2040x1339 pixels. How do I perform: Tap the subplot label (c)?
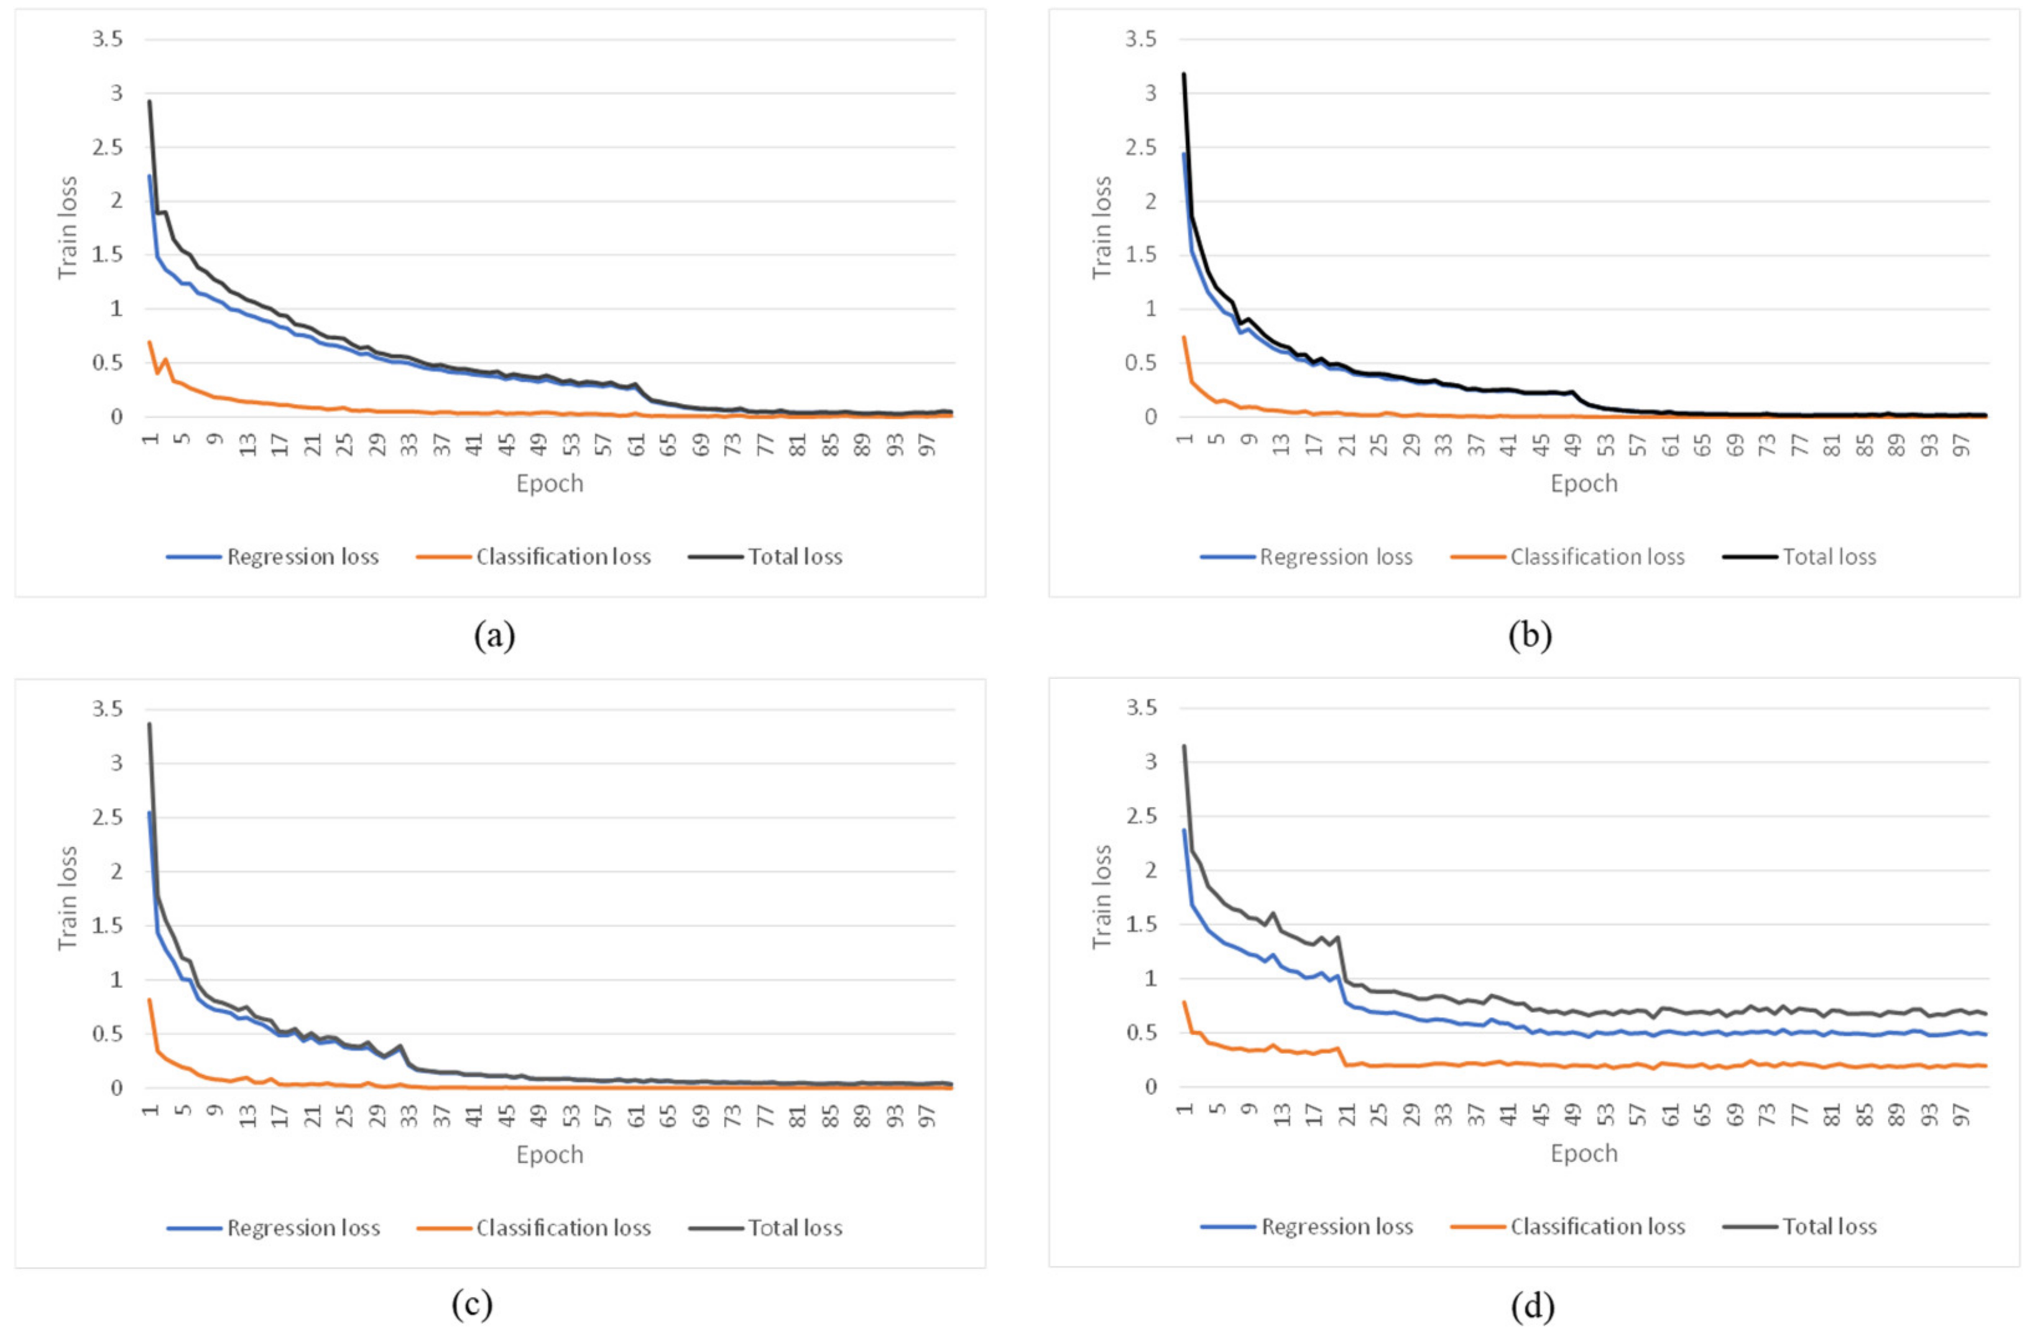pyautogui.click(x=473, y=1305)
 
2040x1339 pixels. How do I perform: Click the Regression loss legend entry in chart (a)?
pyautogui.click(x=302, y=557)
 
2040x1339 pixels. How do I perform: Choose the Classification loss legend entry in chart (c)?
pyautogui.click(x=563, y=1228)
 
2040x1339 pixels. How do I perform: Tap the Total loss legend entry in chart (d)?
pyautogui.click(x=1829, y=1226)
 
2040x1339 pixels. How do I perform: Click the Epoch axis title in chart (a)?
pyautogui.click(x=550, y=483)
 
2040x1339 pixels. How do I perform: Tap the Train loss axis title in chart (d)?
pyautogui.click(x=1102, y=897)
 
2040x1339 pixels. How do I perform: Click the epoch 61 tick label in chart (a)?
pyautogui.click(x=637, y=444)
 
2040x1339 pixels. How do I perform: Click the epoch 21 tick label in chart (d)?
pyautogui.click(x=1347, y=1114)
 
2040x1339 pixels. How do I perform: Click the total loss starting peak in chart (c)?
pyautogui.click(x=149, y=725)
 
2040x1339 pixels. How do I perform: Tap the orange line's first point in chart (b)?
pyautogui.click(x=1184, y=337)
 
